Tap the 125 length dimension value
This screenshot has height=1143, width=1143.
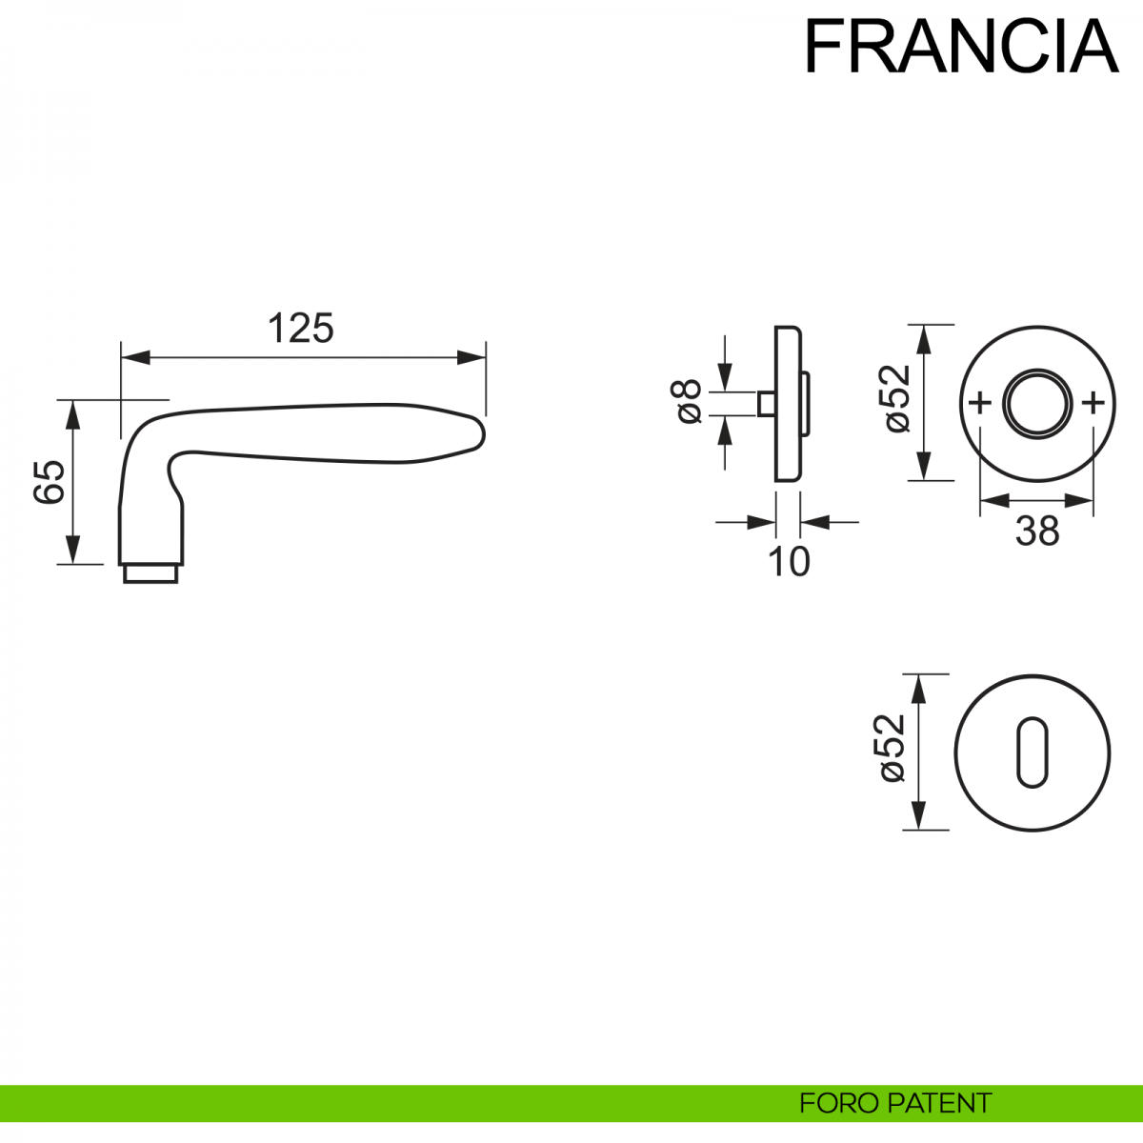[x=301, y=329]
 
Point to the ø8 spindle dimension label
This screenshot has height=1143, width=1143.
[x=688, y=401]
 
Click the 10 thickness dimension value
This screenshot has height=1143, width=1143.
[x=789, y=562]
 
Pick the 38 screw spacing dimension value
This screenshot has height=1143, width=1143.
[x=1037, y=531]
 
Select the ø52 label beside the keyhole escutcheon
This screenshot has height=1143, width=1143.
[x=892, y=749]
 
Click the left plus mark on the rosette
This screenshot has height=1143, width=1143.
[x=979, y=403]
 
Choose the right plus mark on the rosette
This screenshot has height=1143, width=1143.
[x=1093, y=403]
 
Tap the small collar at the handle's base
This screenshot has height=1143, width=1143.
[x=150, y=573]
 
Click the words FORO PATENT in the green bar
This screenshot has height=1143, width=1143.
[x=895, y=1104]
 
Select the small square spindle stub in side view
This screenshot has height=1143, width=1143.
[x=765, y=403]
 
